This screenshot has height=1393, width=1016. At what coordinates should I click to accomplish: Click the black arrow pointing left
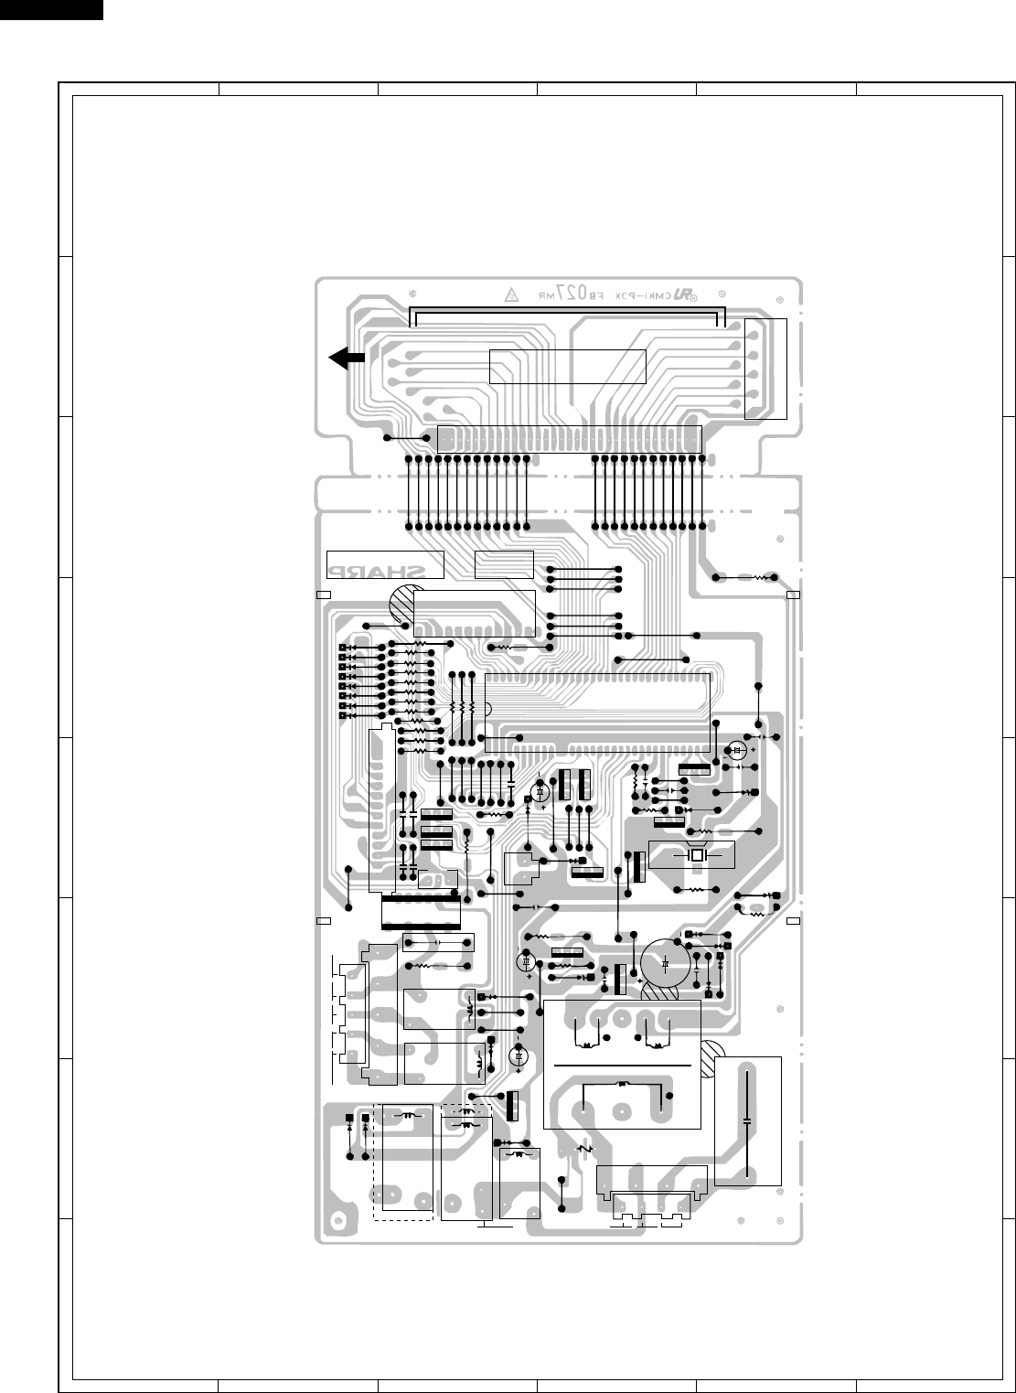click(348, 359)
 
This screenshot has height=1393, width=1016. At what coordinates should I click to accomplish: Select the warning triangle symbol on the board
click(512, 295)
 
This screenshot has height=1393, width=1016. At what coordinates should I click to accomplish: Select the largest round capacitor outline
click(667, 963)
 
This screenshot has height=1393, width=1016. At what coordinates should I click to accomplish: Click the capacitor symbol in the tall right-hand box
click(748, 1120)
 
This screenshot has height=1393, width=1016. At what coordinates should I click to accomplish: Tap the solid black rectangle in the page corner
click(51, 9)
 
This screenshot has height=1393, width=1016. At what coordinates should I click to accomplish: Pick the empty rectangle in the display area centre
click(568, 366)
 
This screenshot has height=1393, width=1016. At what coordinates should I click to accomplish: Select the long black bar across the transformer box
click(622, 1066)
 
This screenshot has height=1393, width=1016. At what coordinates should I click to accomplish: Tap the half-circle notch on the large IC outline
click(488, 708)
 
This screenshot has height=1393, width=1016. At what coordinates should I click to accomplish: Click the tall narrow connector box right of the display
click(766, 369)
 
